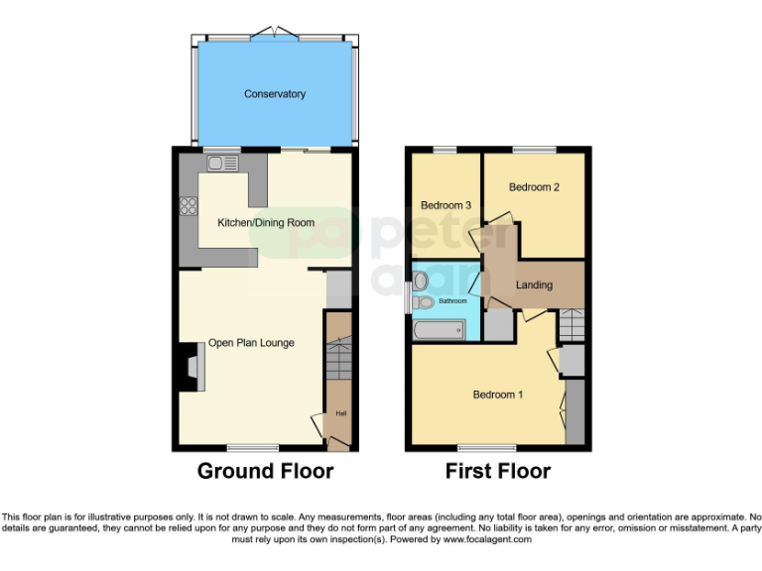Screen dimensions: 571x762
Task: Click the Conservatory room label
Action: [275, 94]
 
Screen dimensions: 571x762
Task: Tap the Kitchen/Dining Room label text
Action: [266, 223]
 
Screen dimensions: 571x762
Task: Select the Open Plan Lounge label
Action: [251, 343]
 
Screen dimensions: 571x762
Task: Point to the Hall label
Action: [339, 413]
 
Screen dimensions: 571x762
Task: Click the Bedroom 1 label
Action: [497, 395]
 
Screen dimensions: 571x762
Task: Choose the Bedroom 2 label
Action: [535, 186]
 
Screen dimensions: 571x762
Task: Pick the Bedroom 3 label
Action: [445, 205]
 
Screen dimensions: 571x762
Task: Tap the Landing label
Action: [534, 285]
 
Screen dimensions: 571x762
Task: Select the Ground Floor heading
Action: [265, 471]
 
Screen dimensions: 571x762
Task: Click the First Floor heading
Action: [498, 471]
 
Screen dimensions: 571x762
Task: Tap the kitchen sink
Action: [220, 163]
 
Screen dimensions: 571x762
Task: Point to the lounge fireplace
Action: [188, 367]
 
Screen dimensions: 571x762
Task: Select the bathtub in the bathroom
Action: [439, 330]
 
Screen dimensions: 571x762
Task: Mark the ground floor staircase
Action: [338, 362]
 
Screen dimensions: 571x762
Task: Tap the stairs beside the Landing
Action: [571, 323]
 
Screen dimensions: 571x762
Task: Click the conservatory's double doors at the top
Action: [274, 35]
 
